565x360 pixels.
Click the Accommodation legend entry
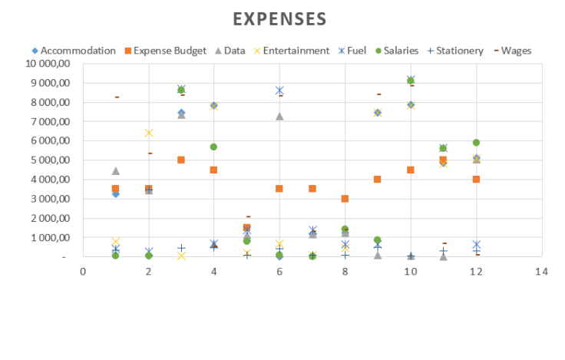pyautogui.click(x=78, y=51)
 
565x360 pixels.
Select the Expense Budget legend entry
pyautogui.click(x=169, y=51)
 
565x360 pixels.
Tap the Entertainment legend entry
pyautogui.click(x=296, y=51)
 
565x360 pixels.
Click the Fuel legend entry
pyautogui.click(x=356, y=51)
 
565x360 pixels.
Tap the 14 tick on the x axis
pyautogui.click(x=542, y=271)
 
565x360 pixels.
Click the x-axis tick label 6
pyautogui.click(x=279, y=271)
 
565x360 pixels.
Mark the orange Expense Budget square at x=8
pyautogui.click(x=345, y=199)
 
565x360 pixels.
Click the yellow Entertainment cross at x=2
pyautogui.click(x=149, y=133)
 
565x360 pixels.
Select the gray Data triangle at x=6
pyautogui.click(x=279, y=116)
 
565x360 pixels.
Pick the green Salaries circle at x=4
pyautogui.click(x=213, y=147)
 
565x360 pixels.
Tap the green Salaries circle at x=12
pyautogui.click(x=476, y=142)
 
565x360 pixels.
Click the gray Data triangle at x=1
pyautogui.click(x=116, y=170)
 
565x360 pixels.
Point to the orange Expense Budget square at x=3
pyautogui.click(x=181, y=160)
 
